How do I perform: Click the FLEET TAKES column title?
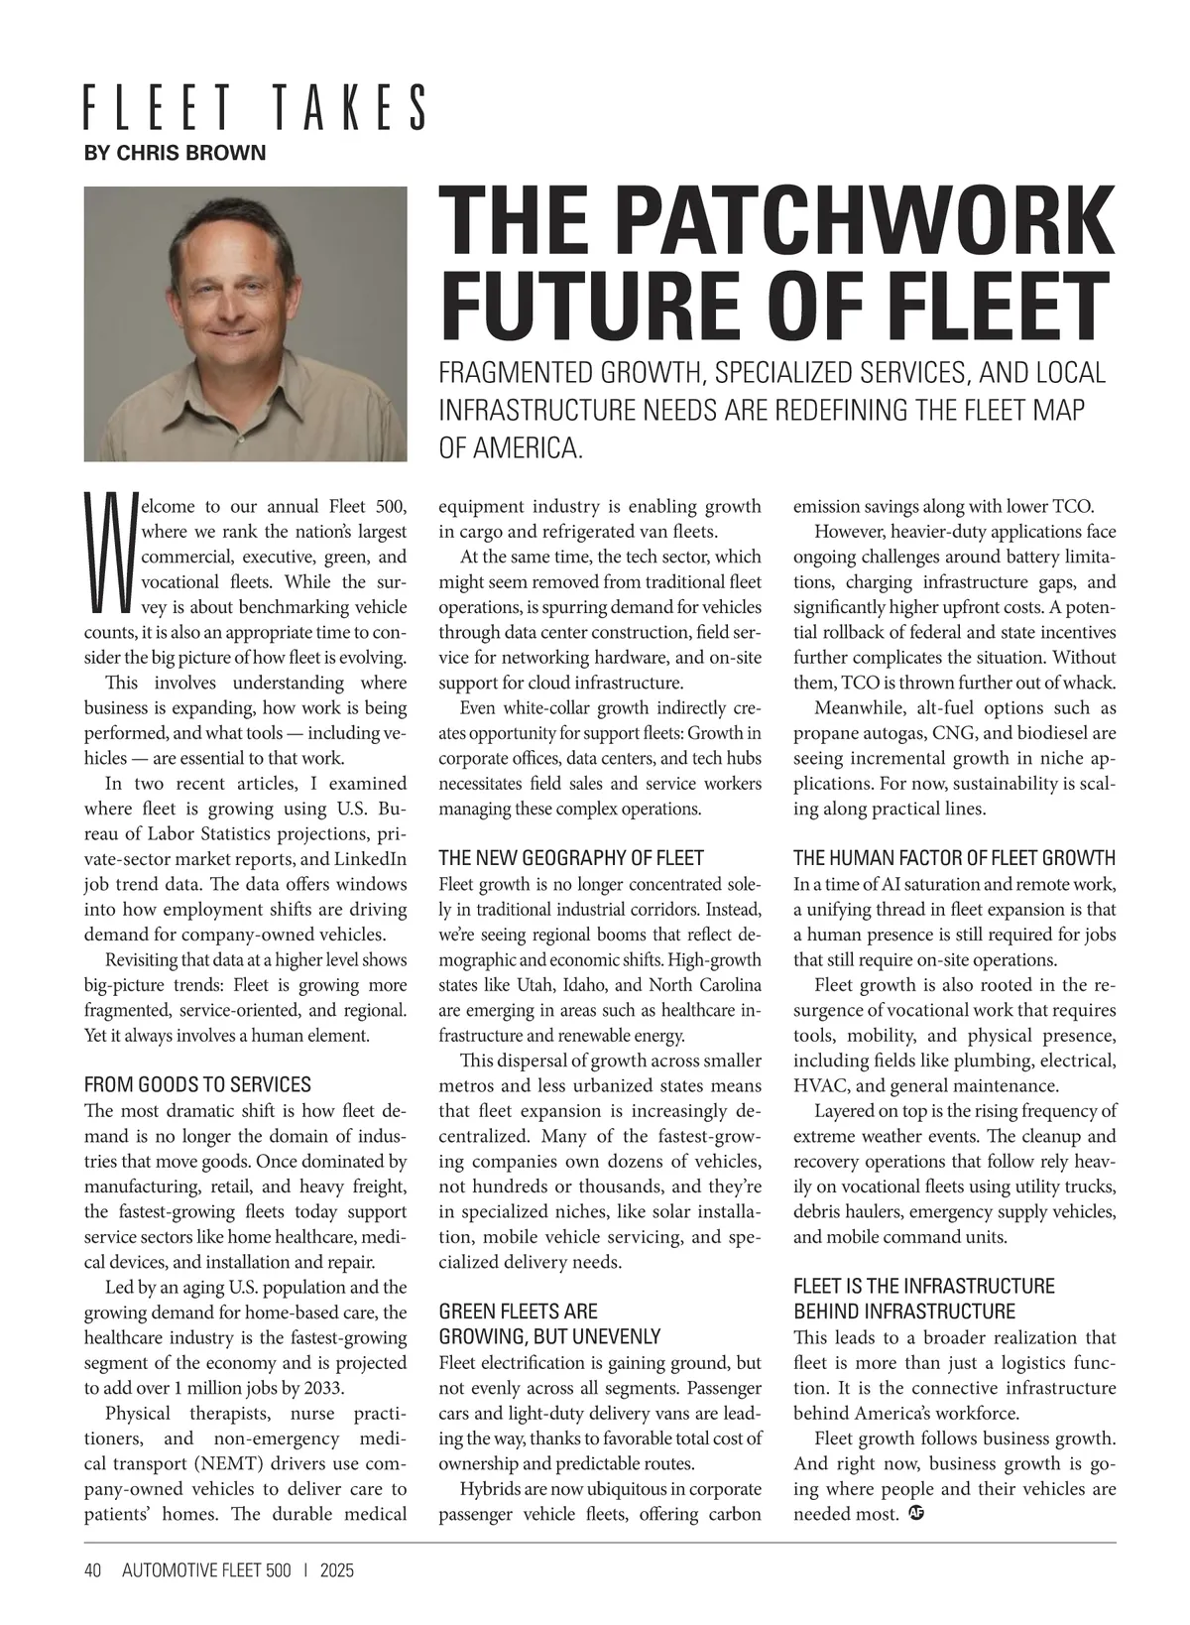(x=255, y=107)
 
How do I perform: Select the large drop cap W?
(x=109, y=553)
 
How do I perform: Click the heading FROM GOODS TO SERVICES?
(x=197, y=1084)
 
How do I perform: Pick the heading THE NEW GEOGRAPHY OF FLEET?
(x=571, y=858)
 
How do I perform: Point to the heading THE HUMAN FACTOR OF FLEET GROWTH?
(x=954, y=858)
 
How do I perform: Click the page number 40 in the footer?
(x=93, y=1570)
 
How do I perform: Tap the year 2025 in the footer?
(x=337, y=1570)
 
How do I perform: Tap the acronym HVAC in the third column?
(x=818, y=1085)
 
